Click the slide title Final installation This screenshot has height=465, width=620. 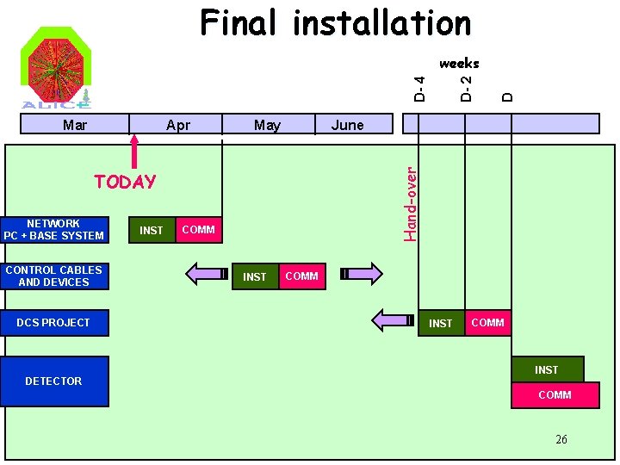click(x=336, y=23)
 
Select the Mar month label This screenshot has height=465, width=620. click(x=75, y=125)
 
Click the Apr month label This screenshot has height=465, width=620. click(x=178, y=125)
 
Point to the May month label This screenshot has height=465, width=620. click(x=267, y=125)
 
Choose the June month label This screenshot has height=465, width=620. click(x=348, y=125)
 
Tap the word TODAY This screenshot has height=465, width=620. click(x=126, y=182)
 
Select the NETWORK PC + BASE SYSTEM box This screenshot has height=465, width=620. click(x=54, y=229)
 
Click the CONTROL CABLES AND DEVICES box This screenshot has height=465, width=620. click(x=54, y=276)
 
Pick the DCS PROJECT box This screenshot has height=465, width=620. click(x=54, y=323)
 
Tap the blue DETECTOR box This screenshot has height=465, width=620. click(x=54, y=381)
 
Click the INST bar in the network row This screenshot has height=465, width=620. click(x=152, y=230)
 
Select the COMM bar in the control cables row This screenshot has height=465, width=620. click(x=302, y=276)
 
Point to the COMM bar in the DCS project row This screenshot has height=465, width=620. click(x=488, y=323)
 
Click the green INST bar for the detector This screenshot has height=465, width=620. click(x=547, y=369)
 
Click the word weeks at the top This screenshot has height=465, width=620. click(x=459, y=63)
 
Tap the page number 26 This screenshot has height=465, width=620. click(x=561, y=439)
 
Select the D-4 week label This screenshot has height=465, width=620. click(x=418, y=89)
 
